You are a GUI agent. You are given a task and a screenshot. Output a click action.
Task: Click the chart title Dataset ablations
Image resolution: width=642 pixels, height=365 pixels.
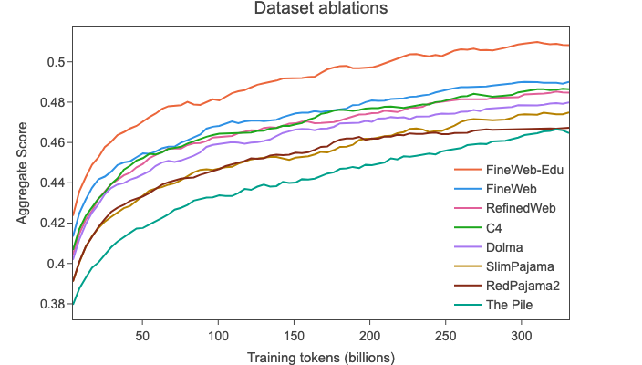tap(320, 11)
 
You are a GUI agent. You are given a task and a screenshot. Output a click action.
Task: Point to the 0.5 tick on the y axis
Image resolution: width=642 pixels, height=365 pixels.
tap(54, 62)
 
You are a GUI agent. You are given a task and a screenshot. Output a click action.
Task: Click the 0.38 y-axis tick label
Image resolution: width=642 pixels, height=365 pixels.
tap(51, 304)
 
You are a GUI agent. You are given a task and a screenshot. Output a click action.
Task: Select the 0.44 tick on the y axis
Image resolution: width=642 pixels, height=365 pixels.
tap(51, 183)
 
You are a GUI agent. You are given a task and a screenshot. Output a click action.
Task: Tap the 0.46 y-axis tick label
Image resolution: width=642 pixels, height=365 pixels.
tap(51, 143)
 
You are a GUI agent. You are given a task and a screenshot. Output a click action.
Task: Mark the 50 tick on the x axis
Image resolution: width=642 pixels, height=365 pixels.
tap(141, 335)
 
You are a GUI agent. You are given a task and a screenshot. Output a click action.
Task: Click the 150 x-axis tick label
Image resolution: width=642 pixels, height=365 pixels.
tap(294, 335)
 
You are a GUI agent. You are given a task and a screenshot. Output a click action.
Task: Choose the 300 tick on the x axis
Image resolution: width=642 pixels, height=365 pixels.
tap(521, 335)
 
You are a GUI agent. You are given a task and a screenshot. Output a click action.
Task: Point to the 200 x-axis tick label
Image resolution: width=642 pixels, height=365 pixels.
tap(369, 335)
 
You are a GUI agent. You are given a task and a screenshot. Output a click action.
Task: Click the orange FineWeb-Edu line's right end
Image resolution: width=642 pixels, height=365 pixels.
tap(569, 45)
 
